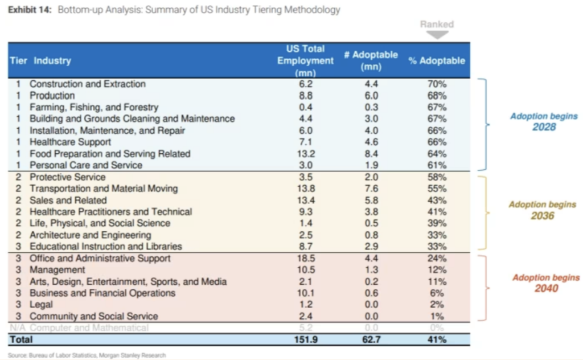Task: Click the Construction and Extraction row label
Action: pos(87,84)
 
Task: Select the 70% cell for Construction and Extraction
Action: pos(437,84)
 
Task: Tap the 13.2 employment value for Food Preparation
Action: pos(306,154)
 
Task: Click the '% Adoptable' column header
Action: pos(437,61)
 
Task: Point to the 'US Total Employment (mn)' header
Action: pos(306,60)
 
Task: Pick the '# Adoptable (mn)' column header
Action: pos(371,60)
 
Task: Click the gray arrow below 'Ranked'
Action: pos(437,35)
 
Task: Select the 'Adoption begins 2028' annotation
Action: pos(544,121)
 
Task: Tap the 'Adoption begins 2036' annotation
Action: pos(542,210)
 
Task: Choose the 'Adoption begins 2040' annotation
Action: pos(545,283)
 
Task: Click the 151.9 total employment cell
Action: pos(306,339)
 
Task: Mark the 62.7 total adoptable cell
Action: pos(371,339)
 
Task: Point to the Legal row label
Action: pos(41,305)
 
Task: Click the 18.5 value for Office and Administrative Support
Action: pos(306,258)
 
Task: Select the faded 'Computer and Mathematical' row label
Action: pos(89,328)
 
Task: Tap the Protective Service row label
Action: pos(67,177)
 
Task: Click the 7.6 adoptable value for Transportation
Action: pos(371,189)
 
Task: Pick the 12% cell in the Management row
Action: pos(437,270)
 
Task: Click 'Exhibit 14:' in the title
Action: pos(28,10)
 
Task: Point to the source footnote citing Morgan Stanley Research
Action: pos(87,355)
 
